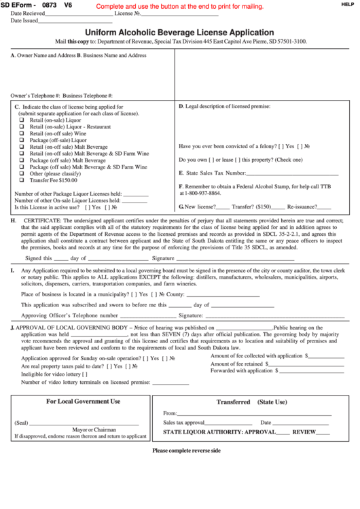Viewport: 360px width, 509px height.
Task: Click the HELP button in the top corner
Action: (x=348, y=4)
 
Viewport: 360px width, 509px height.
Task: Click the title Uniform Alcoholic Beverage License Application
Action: (x=179, y=33)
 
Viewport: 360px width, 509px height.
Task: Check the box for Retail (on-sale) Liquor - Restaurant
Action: (x=21, y=126)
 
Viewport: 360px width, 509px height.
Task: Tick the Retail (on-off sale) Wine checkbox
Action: (x=21, y=133)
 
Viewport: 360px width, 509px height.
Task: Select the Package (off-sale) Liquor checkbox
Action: (x=21, y=140)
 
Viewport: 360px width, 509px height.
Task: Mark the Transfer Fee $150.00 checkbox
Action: (x=21, y=180)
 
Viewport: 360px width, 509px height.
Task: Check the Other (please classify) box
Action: (x=21, y=173)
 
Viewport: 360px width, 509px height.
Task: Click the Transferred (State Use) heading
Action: (x=251, y=402)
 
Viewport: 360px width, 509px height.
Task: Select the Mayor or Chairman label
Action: (x=94, y=429)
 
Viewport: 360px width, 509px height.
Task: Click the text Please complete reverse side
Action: (x=186, y=451)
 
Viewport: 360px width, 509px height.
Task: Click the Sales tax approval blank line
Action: (x=230, y=423)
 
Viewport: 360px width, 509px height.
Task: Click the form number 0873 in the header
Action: (x=50, y=5)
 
